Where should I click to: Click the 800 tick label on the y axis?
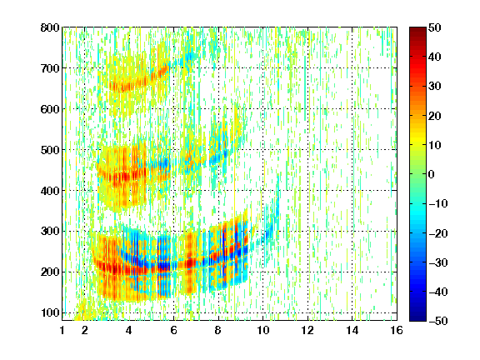[50, 27]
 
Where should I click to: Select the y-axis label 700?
[50, 68]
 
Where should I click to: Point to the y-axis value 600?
[50, 109]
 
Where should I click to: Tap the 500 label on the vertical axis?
[50, 150]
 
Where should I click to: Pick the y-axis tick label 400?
[50, 191]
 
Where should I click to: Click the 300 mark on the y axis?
[50, 232]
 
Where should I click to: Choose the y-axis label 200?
[50, 272]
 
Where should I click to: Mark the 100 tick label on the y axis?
[50, 312]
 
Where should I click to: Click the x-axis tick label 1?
[62, 330]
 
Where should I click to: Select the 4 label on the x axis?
[129, 330]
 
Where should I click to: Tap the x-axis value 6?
[173, 330]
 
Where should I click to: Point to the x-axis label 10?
[263, 330]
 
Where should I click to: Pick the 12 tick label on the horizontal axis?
[307, 330]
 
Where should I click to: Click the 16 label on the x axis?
[397, 330]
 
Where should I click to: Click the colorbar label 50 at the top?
[435, 27]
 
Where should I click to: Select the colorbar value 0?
[432, 174]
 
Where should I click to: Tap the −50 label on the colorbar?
[438, 321]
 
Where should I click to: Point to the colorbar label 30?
[435, 87]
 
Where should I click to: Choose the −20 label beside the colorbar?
[438, 233]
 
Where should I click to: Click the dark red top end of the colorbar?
[417, 29]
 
